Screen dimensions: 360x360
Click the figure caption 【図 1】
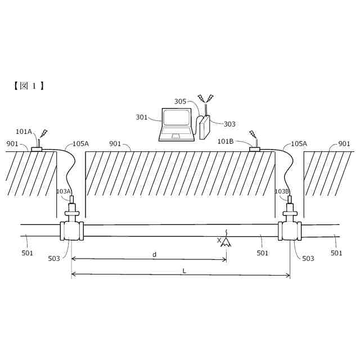(x=29, y=85)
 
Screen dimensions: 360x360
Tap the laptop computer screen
(x=176, y=118)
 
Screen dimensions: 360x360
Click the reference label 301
(x=142, y=118)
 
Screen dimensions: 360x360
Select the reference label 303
(x=229, y=124)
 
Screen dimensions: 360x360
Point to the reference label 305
(x=180, y=102)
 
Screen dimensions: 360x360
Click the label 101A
(x=24, y=132)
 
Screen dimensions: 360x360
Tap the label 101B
(x=226, y=141)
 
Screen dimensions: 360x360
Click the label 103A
(x=63, y=191)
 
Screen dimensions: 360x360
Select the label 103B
(x=282, y=191)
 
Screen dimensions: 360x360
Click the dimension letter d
(x=155, y=255)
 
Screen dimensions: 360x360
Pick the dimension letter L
(x=184, y=271)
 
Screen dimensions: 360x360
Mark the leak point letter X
(x=219, y=240)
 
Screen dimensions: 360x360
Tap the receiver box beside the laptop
(x=204, y=127)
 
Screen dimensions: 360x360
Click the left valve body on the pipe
(x=71, y=231)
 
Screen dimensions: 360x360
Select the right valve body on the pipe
(x=290, y=231)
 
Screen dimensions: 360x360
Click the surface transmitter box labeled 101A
(x=37, y=149)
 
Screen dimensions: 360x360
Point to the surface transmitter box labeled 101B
(x=255, y=149)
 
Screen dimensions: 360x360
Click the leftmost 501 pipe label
(x=28, y=253)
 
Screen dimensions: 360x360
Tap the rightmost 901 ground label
(x=344, y=144)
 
